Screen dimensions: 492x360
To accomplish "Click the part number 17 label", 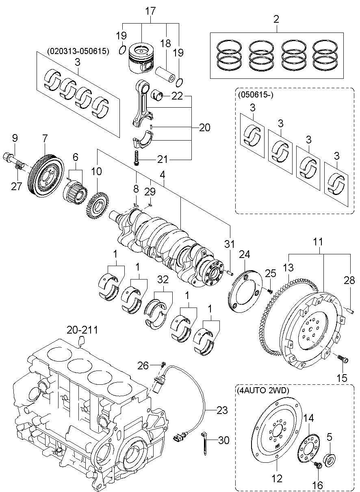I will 150,11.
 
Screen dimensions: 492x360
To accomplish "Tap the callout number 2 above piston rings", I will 276,19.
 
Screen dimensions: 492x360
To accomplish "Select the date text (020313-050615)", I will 78,51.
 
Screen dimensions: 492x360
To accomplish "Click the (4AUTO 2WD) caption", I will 262,391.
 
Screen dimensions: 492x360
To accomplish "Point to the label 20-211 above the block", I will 83,330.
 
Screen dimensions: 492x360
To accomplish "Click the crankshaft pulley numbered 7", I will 46,176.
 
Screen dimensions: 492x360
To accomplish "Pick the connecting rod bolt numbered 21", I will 137,157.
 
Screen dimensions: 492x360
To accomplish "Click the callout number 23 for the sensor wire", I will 222,410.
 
